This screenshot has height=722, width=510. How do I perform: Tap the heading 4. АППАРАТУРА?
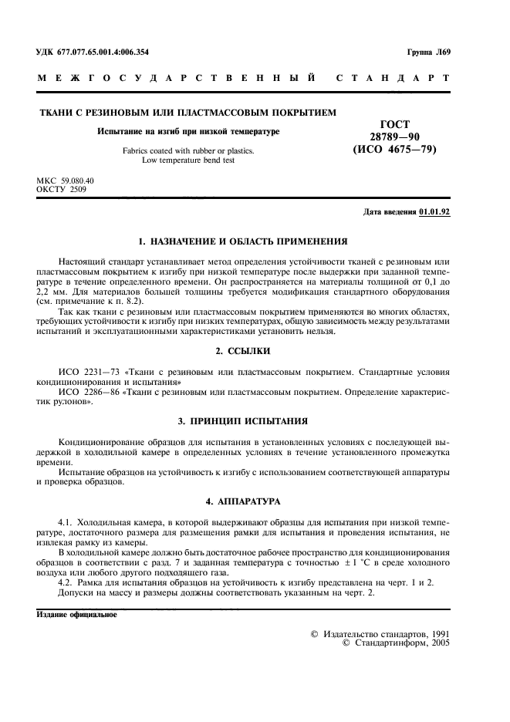tap(243, 501)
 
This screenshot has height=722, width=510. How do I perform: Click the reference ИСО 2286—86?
tap(86, 393)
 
